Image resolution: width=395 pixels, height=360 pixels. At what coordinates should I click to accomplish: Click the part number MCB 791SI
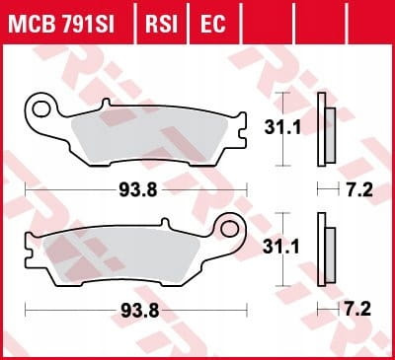coord(61,23)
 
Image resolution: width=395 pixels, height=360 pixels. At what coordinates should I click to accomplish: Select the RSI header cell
coord(161,23)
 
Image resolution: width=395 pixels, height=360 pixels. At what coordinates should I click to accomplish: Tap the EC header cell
coord(213,23)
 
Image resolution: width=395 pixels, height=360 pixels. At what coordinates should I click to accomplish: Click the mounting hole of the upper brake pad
coord(41,108)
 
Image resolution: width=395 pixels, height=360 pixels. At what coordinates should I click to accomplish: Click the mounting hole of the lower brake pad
coord(229,228)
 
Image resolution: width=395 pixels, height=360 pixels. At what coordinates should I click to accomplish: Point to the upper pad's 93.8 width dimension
coord(138,190)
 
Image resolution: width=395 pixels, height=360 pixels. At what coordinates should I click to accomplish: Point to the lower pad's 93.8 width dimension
coord(140,310)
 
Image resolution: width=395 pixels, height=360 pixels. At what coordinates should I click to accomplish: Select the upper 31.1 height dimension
coord(282,127)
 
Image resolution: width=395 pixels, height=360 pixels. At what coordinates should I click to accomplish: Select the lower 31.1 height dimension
coord(280,247)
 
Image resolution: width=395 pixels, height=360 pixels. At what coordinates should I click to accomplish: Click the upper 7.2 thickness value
coord(359,190)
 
